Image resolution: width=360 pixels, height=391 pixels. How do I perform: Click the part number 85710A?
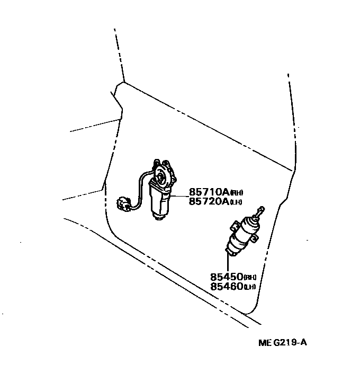(207, 192)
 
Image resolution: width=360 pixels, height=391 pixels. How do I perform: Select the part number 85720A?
(207, 201)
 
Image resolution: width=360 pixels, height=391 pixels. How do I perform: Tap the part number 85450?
(226, 277)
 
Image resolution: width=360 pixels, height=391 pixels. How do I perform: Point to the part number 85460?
(226, 287)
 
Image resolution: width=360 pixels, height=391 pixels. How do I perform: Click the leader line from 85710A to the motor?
(178, 196)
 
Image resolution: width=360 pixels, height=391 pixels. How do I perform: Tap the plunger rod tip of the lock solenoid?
(260, 208)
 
